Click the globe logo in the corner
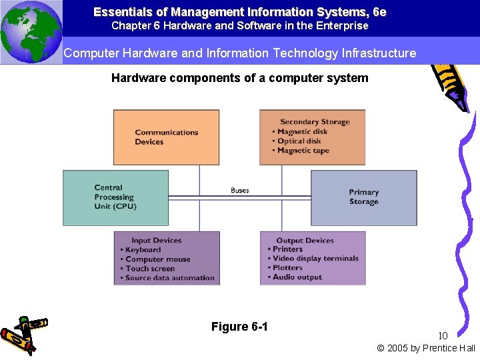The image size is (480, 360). (x=31, y=31)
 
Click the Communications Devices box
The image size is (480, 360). (x=166, y=137)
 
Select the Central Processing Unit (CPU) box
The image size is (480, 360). (x=115, y=197)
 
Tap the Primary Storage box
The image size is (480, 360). (x=364, y=197)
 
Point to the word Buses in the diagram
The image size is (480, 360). (x=240, y=190)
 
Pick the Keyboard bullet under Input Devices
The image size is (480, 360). (x=143, y=250)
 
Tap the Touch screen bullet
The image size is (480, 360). (x=149, y=269)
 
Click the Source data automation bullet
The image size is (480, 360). (x=169, y=278)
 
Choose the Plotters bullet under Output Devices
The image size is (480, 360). (x=287, y=268)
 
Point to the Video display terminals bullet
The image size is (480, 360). (x=315, y=259)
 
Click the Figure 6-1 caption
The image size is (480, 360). (x=239, y=327)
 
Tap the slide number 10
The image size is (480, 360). (x=443, y=335)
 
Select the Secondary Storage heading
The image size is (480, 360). (x=315, y=122)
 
